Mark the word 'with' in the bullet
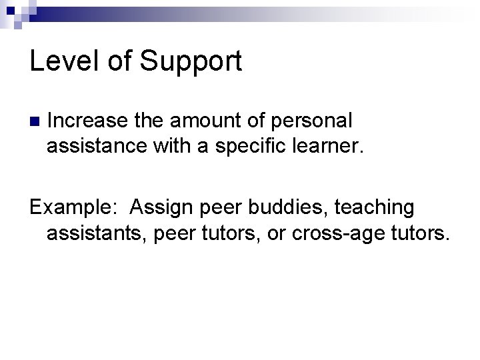(x=175, y=146)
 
